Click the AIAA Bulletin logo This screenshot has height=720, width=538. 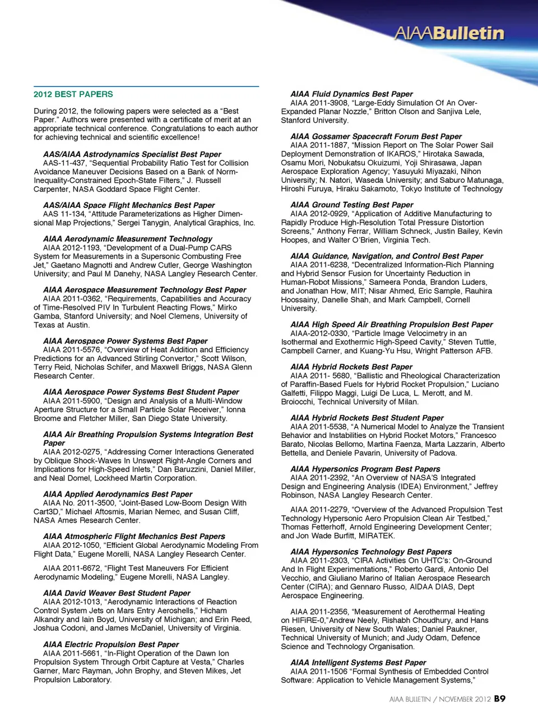[449, 34]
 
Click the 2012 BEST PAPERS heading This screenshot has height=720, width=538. [73, 94]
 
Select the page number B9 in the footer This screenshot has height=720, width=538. [500, 699]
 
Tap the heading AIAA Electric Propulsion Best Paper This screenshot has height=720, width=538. [111, 644]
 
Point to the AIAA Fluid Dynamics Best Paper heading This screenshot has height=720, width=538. [351, 94]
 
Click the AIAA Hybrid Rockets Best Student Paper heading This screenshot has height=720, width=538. [367, 418]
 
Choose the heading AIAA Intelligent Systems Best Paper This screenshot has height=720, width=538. [358, 663]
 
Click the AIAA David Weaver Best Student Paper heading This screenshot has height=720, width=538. [117, 593]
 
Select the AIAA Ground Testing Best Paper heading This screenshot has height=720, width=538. [351, 205]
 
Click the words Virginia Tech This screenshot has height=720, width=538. [408, 240]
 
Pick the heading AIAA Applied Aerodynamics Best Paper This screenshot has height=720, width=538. [118, 494]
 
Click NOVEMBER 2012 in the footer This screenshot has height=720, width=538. [465, 699]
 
